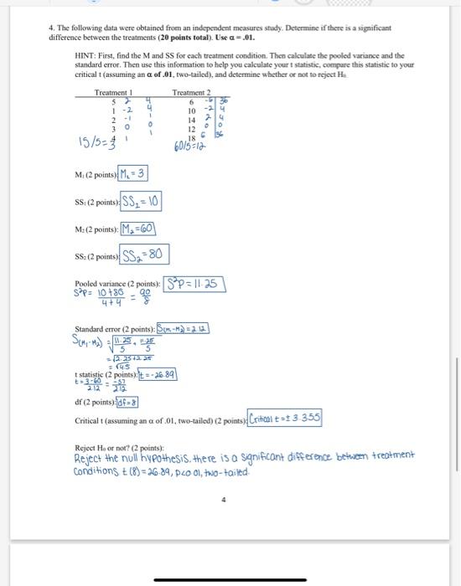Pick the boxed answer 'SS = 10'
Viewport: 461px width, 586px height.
(142, 202)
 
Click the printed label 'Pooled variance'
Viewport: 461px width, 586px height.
(94, 285)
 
